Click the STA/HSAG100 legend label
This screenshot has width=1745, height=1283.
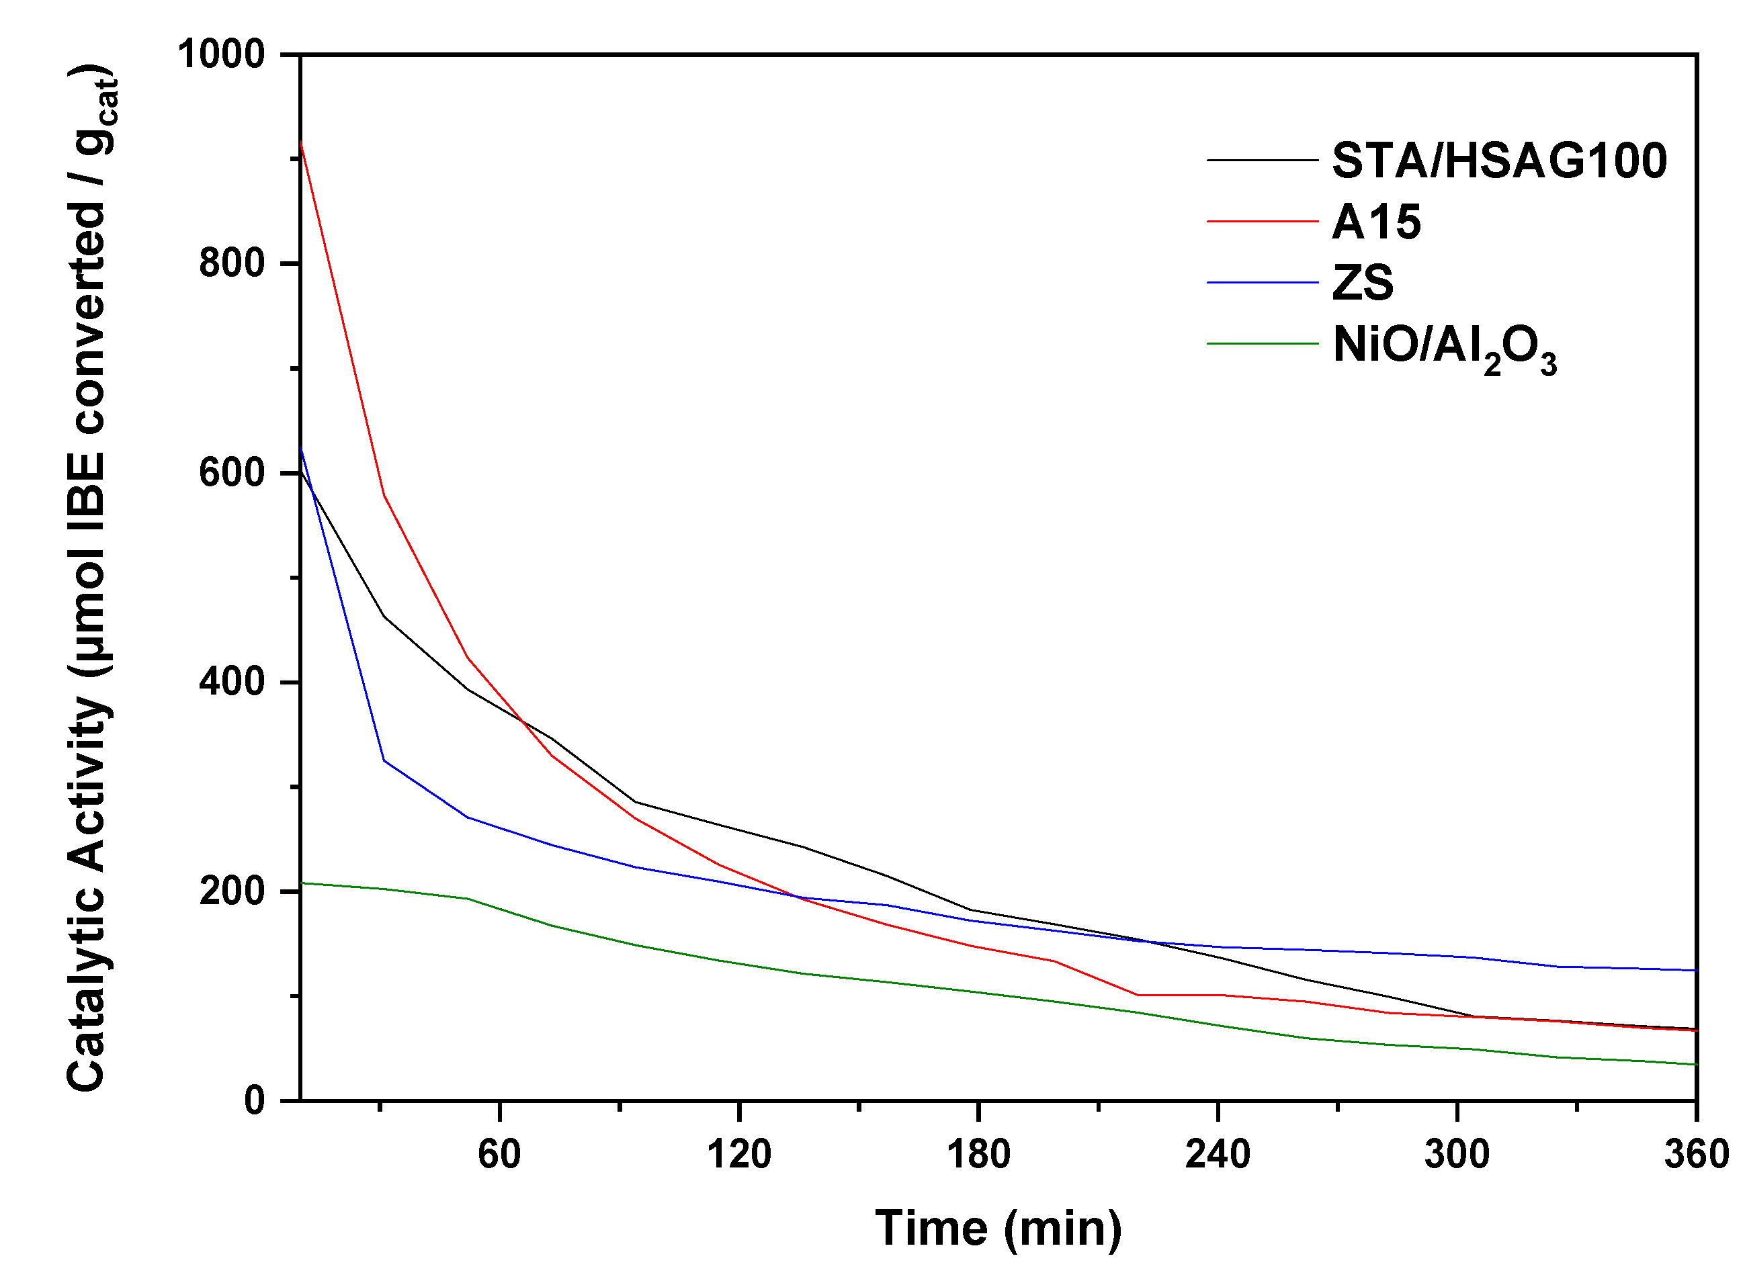[x=1498, y=161]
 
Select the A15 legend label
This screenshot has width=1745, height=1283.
[x=1376, y=222]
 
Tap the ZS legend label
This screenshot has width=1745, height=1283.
[x=1363, y=283]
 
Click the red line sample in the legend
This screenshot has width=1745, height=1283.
[x=1263, y=222]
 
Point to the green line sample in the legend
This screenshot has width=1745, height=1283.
[x=1263, y=343]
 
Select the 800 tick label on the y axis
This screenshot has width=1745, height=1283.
[x=232, y=263]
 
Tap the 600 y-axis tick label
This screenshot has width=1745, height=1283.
[x=232, y=473]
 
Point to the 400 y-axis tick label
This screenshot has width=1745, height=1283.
[x=232, y=682]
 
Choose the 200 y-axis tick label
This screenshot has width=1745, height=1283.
[x=232, y=891]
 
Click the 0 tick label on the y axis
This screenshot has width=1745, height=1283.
[x=255, y=1100]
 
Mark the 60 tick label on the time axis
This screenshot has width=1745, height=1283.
[x=499, y=1154]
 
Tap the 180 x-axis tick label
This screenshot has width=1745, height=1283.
[x=978, y=1154]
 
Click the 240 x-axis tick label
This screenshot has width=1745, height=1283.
[x=1218, y=1154]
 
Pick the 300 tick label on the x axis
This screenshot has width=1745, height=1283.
[x=1457, y=1154]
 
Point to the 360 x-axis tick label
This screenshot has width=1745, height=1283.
[x=1696, y=1154]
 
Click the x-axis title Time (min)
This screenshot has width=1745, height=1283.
[x=998, y=1229]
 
